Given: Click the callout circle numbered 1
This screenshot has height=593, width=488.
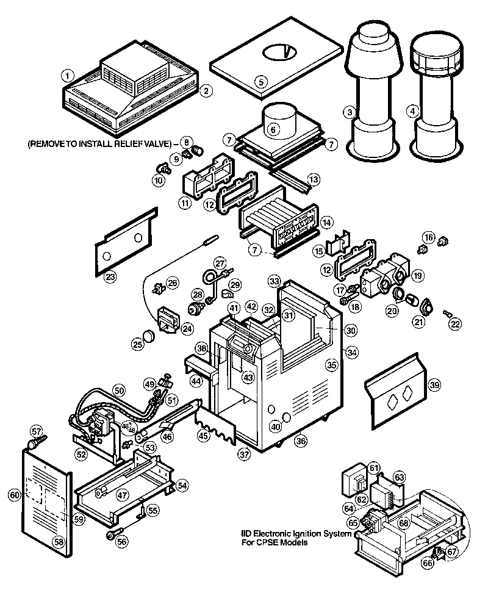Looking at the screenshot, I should [x=68, y=76].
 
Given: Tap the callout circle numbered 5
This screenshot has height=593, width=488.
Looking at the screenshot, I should [x=260, y=81].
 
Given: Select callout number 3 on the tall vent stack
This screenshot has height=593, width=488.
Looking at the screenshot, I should [x=350, y=112].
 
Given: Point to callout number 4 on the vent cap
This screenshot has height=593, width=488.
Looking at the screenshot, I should [x=414, y=111].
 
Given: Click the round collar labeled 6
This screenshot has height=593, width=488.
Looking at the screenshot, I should [x=273, y=129].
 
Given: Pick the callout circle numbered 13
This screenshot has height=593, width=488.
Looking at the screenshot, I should [x=313, y=179].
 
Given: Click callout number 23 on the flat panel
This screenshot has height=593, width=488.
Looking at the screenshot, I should [x=110, y=278].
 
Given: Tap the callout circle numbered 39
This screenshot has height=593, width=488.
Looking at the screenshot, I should [x=434, y=384].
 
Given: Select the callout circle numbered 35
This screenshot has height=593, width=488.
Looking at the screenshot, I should [x=331, y=365].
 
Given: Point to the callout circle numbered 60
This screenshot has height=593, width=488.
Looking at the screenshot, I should [x=15, y=495].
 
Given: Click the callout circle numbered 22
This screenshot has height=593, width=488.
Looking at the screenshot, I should [x=454, y=325].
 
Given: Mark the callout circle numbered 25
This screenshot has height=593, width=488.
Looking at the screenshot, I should [x=138, y=345].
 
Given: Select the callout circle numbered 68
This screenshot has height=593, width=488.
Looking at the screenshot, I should [x=403, y=523].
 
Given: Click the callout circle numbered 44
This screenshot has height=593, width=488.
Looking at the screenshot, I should [x=196, y=381].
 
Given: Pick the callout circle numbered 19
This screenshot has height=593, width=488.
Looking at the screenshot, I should [x=417, y=276].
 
